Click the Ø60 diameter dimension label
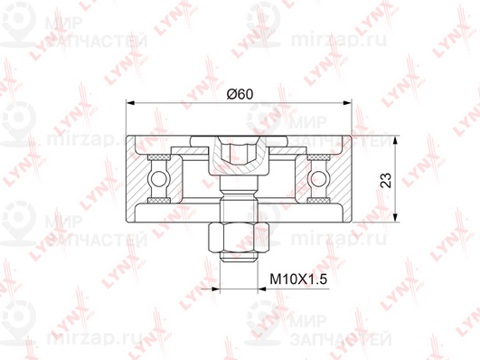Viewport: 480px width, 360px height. click(x=240, y=94)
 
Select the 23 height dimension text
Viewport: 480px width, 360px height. click(x=386, y=180)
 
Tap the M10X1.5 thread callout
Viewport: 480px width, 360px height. click(x=298, y=279)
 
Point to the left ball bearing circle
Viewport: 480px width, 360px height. click(x=159, y=178)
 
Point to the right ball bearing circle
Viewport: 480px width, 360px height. click(x=318, y=178)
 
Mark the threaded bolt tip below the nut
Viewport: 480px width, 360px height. click(x=239, y=257)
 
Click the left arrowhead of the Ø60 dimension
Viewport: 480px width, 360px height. click(x=131, y=103)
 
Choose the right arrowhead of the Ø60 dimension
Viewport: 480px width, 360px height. click(x=347, y=103)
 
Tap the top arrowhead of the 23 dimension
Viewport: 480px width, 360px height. click(x=396, y=139)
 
